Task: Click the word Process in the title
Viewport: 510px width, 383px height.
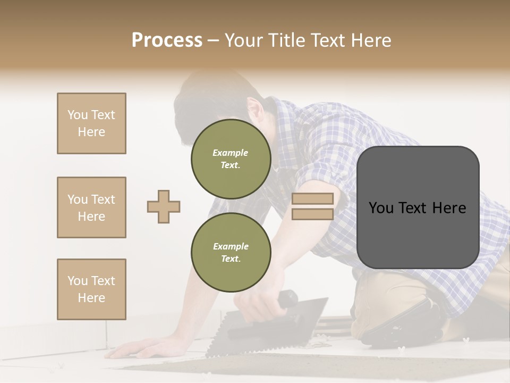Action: click(x=167, y=40)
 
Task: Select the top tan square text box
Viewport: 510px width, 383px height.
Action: click(x=91, y=123)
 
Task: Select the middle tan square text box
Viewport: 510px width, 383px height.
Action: click(x=91, y=207)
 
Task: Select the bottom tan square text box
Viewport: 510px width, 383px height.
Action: click(x=91, y=289)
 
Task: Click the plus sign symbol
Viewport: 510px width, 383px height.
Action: click(x=164, y=206)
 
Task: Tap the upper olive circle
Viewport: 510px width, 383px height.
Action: click(x=231, y=159)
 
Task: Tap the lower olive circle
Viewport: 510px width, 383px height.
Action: click(x=231, y=253)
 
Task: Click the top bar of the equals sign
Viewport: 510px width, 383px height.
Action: click(x=312, y=198)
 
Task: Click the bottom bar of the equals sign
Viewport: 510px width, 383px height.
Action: click(x=312, y=214)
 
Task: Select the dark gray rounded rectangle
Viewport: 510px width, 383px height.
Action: click(x=418, y=207)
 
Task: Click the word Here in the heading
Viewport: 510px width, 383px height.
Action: click(x=370, y=40)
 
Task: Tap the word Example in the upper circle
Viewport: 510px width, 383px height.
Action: click(x=231, y=153)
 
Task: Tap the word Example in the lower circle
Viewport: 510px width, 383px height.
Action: click(x=231, y=246)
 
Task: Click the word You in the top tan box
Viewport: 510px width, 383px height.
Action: click(x=78, y=115)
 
